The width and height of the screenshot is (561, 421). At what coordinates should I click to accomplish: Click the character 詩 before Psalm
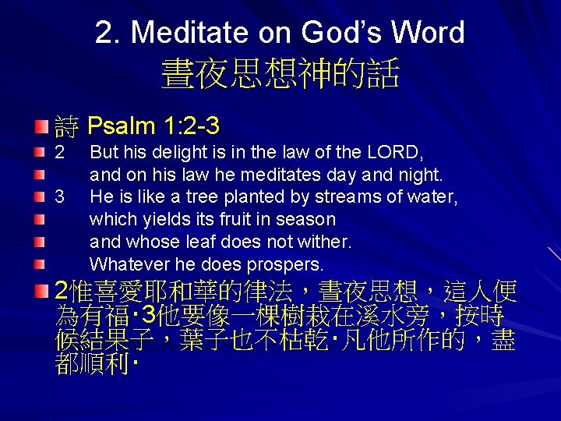point(68,125)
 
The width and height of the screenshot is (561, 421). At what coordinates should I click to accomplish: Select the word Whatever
point(128,264)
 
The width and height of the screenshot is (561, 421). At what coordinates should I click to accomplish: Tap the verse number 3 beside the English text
point(60,198)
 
